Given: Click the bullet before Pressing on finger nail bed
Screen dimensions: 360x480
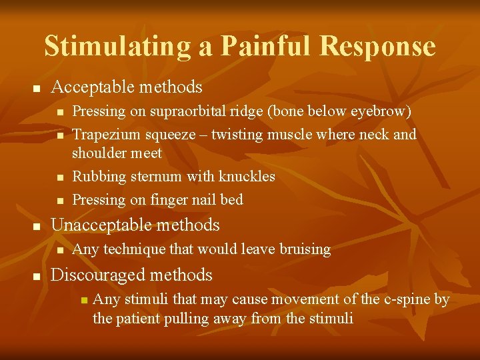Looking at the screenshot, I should tap(59, 201).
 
